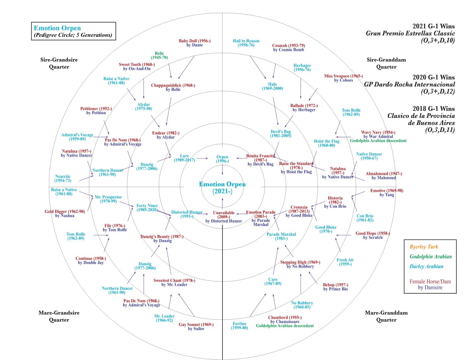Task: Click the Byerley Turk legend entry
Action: pos(424,247)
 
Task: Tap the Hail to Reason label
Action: pos(246,43)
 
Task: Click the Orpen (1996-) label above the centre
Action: pos(223,159)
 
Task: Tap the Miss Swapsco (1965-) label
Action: pos(343,78)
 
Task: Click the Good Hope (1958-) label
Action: pos(373,235)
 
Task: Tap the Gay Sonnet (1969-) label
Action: pos(196,326)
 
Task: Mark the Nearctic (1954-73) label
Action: pos(63,179)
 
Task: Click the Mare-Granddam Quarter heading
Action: pos(386,316)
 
